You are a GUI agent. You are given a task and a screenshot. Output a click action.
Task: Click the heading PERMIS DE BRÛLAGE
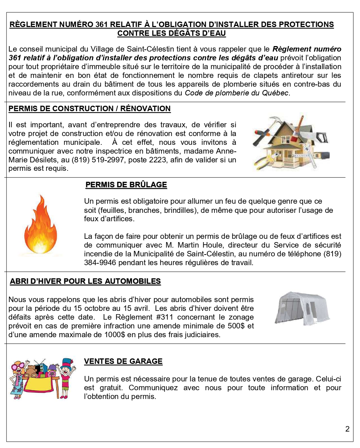126,185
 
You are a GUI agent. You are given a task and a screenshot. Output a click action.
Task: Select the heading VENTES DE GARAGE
123,361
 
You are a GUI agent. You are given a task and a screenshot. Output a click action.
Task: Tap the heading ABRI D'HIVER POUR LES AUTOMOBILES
85,281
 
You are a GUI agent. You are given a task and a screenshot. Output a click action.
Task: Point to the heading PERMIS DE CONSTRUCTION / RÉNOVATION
90,109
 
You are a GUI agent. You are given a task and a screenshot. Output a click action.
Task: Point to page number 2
347,429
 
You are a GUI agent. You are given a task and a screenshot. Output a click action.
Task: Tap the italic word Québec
276,93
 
